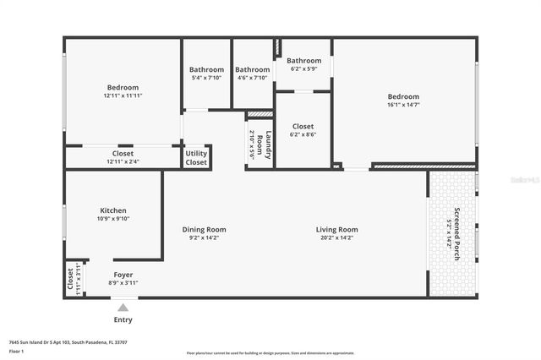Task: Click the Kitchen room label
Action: (x=112, y=210)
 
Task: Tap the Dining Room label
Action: (x=205, y=229)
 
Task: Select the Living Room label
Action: (x=336, y=229)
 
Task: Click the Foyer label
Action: (x=123, y=275)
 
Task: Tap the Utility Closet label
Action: (x=196, y=157)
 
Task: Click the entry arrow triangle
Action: (x=123, y=308)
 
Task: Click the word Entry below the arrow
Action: (x=123, y=320)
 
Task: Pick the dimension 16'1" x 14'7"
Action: (x=403, y=105)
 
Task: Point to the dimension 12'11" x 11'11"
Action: (x=123, y=95)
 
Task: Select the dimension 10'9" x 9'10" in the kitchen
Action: (x=112, y=219)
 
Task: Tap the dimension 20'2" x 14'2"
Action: (x=336, y=238)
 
